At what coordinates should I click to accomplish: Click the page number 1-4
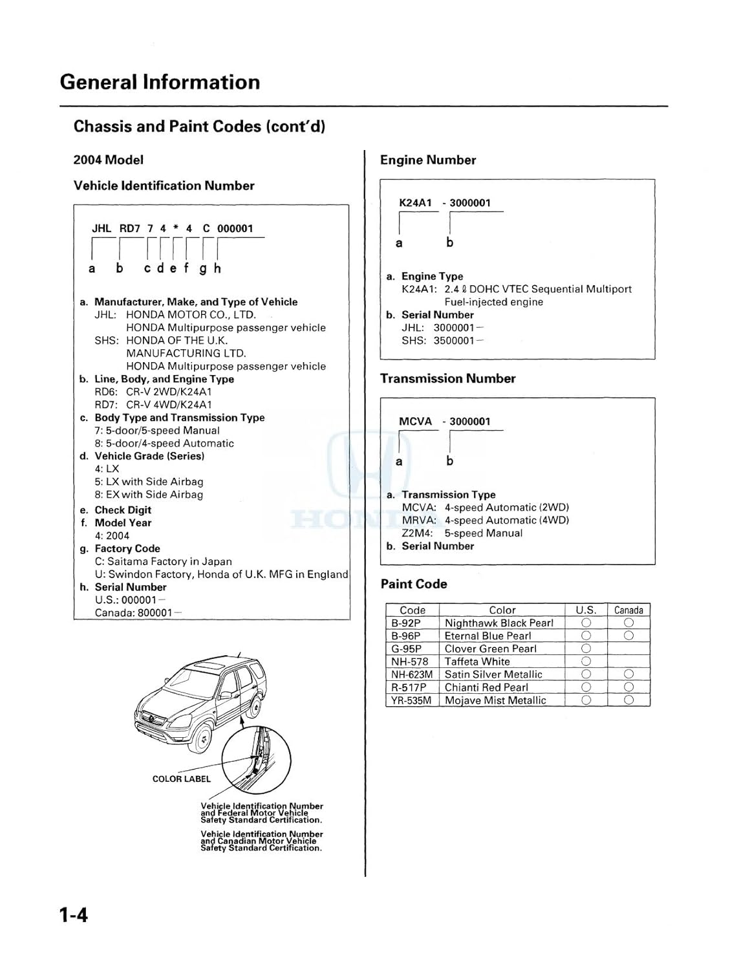(73, 915)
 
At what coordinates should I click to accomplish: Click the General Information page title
(160, 82)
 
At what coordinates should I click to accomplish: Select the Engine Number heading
(428, 160)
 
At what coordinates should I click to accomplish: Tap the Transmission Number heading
(447, 378)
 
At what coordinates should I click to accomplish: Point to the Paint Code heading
(414, 584)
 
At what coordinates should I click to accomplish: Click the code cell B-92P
(406, 623)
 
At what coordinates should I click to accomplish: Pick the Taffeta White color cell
(477, 662)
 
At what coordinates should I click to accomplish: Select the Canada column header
(628, 610)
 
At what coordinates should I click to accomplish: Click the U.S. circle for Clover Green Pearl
(586, 649)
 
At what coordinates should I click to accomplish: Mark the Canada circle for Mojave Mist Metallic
(628, 700)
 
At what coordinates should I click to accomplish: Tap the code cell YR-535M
(411, 700)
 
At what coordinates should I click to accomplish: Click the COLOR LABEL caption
(182, 779)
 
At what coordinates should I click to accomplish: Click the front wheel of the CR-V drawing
(202, 737)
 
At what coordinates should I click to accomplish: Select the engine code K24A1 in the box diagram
(415, 203)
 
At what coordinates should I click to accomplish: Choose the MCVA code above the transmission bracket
(415, 422)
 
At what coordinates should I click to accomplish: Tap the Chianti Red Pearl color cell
(486, 687)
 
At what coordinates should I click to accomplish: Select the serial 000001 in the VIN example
(235, 228)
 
